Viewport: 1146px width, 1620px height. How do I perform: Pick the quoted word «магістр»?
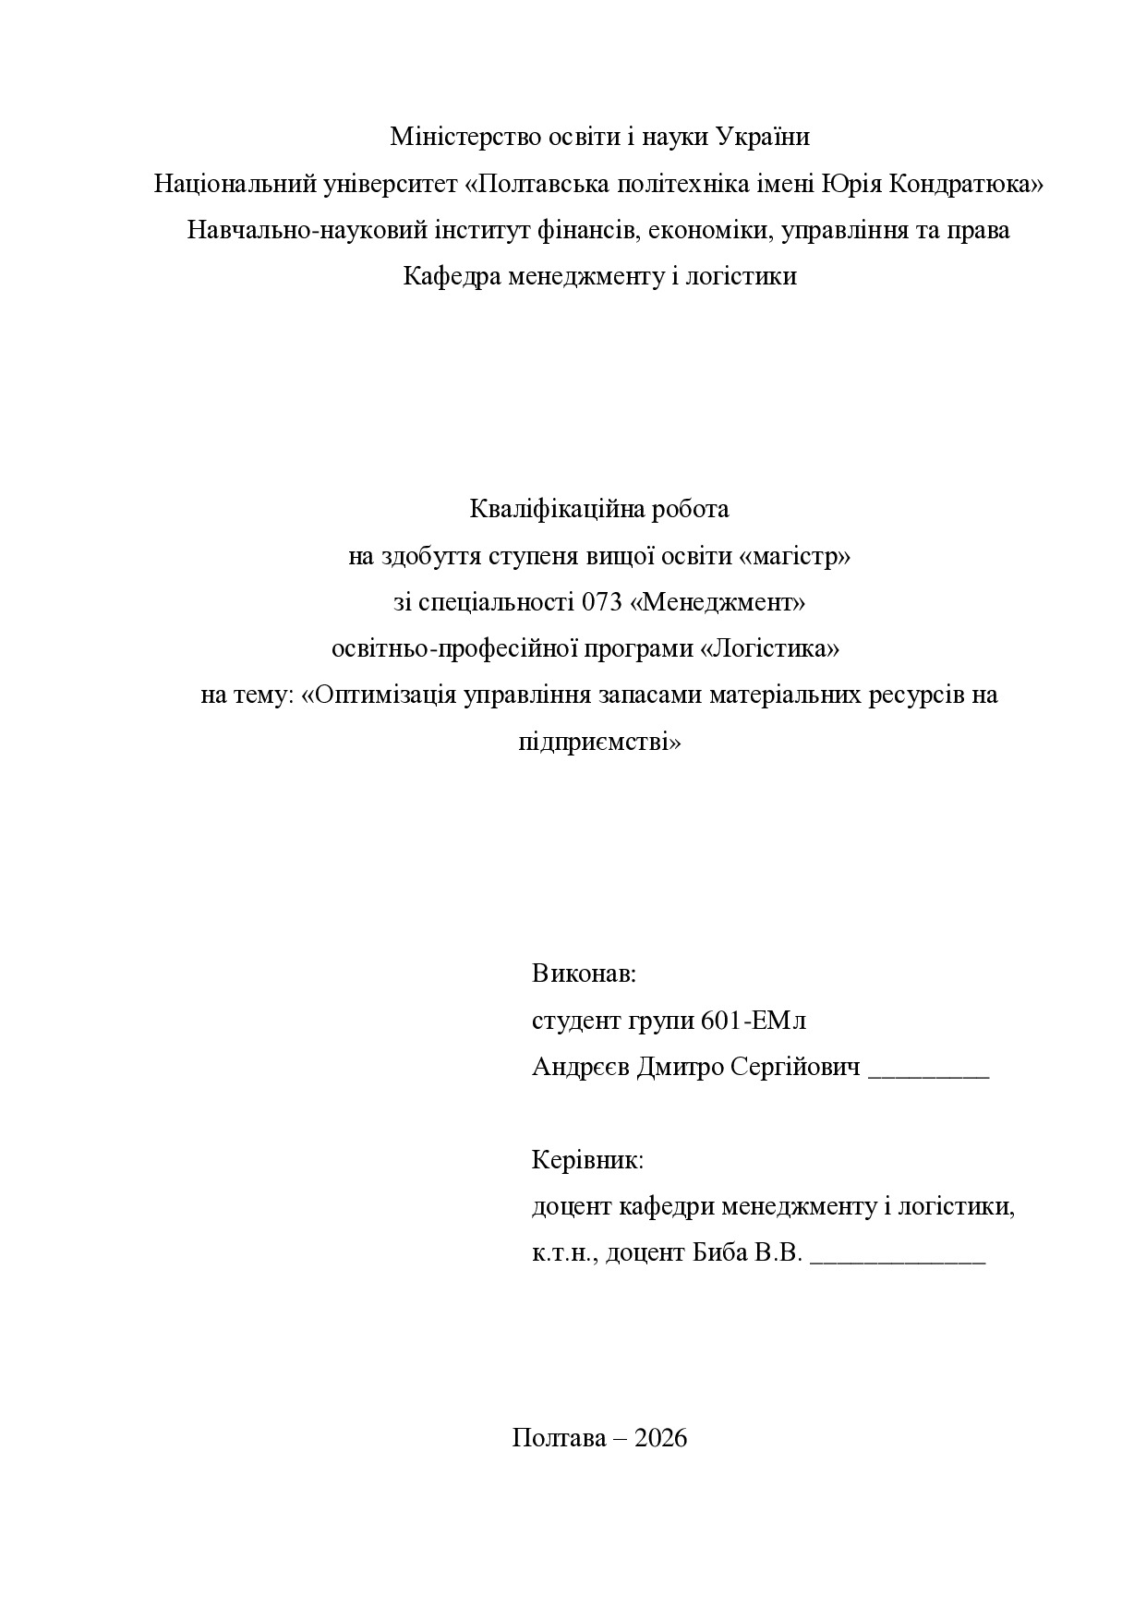tap(795, 556)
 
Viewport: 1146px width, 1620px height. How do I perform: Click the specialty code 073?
tap(602, 602)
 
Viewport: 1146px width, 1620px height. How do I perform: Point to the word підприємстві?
tap(599, 742)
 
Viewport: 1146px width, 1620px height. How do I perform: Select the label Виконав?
tap(584, 973)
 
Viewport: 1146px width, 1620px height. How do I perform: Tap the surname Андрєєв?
tap(582, 1068)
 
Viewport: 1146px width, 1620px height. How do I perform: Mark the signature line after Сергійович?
tap(929, 1075)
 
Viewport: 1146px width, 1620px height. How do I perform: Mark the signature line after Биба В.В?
tap(898, 1261)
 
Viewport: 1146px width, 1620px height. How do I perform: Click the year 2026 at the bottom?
tap(661, 1438)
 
